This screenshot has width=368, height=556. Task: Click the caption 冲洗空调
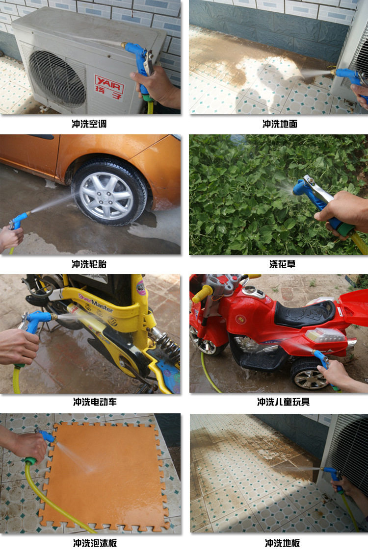tap(89, 124)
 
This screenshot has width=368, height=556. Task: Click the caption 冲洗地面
tap(280, 124)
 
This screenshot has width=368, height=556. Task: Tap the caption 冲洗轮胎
tap(89, 264)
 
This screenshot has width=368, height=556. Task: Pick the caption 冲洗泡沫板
tap(95, 543)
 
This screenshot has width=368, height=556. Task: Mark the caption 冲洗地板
tap(282, 543)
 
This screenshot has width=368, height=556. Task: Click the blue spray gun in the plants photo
tap(314, 201)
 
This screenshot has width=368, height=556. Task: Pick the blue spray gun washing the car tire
tap(19, 222)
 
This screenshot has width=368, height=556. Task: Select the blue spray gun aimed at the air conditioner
tap(139, 61)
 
